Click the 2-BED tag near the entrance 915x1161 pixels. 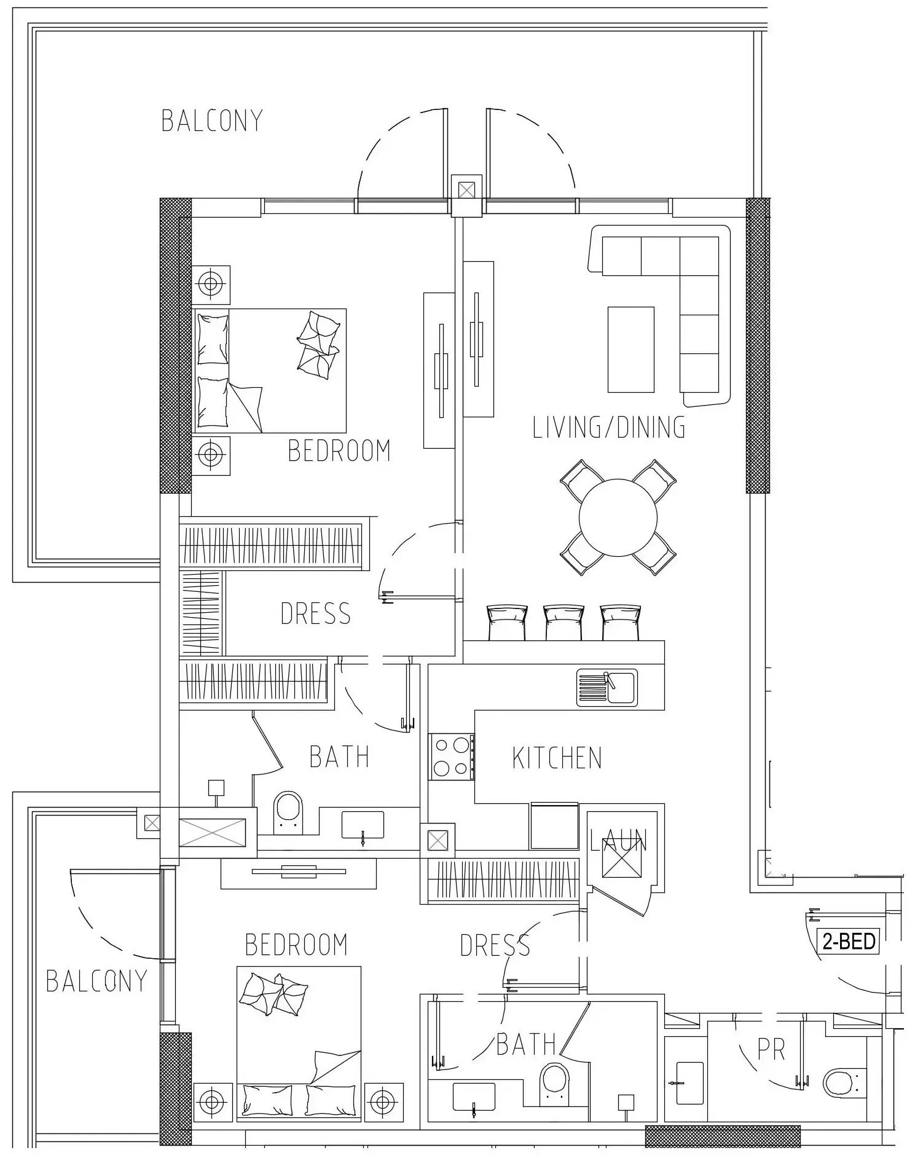pos(848,941)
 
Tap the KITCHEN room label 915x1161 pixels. pos(557,758)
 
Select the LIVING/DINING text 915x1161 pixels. pos(608,427)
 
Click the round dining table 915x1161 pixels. pos(618,517)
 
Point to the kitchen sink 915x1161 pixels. pos(607,688)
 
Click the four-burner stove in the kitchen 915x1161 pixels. pos(451,757)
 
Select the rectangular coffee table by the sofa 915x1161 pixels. pos(630,349)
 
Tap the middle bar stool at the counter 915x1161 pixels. pos(563,622)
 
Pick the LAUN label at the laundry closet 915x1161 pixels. pos(618,841)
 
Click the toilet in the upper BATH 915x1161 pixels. pos(288,813)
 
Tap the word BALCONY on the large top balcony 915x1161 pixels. pos(212,120)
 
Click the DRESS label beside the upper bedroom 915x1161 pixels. pos(315,613)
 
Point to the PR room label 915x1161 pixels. pos(771,1050)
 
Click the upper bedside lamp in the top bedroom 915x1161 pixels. pos(211,284)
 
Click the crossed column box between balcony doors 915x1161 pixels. pos(466,190)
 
